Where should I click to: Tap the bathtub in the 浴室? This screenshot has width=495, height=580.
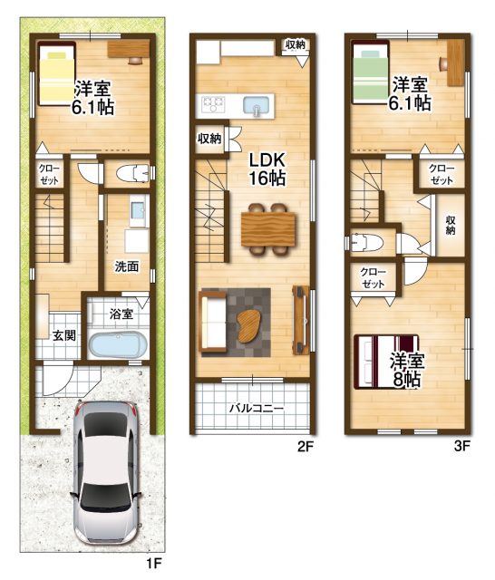point(118,344)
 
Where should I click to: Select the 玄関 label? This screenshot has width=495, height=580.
point(64,335)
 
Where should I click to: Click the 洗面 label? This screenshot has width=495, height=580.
point(127,266)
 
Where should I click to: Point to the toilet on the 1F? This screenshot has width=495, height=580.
point(132,173)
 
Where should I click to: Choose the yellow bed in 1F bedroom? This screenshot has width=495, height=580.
point(57,74)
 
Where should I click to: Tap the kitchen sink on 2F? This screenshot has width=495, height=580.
point(256,105)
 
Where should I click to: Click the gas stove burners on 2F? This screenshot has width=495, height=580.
point(213,103)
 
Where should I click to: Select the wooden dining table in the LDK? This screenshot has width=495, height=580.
point(268,229)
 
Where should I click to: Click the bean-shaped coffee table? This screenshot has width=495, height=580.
point(248,326)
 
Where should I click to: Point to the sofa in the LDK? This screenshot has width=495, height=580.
point(213,322)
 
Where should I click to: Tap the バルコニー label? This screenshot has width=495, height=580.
point(257,409)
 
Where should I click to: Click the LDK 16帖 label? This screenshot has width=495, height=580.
point(267,169)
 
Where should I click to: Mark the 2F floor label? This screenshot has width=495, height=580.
point(306,447)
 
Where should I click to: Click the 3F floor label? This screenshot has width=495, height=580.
point(461,446)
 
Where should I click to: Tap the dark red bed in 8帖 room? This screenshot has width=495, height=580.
point(386,362)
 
